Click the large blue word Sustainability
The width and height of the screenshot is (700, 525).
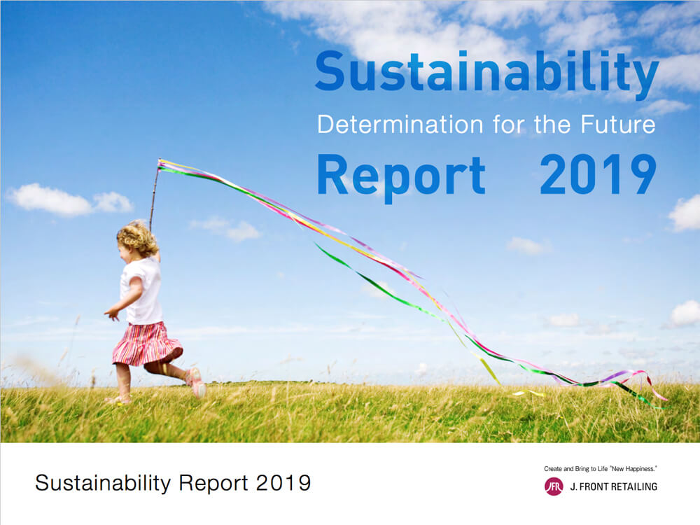(x=486, y=71)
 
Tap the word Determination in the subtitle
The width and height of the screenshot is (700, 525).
(x=400, y=125)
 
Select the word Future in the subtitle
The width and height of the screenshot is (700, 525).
(x=618, y=124)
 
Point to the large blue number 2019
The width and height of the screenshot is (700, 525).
(x=598, y=174)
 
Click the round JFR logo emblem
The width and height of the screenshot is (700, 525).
(x=554, y=486)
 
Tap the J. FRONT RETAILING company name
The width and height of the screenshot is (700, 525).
(x=613, y=486)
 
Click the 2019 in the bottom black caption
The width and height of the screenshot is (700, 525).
(x=283, y=483)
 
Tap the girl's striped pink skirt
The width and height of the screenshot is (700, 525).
(x=146, y=343)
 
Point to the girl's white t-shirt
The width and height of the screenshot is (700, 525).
(x=143, y=290)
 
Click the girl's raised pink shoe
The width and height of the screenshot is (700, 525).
(x=197, y=383)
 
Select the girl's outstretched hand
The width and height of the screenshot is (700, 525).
(x=111, y=314)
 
